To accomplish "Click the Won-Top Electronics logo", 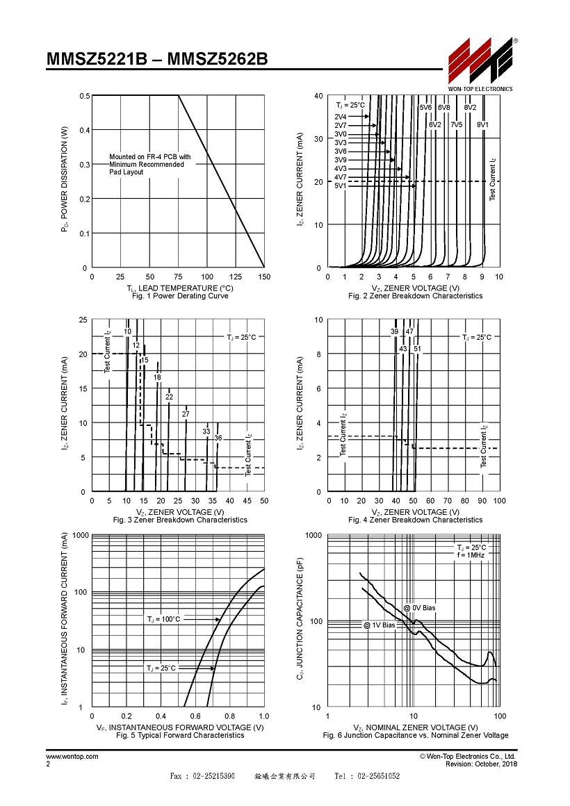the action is (x=480, y=64).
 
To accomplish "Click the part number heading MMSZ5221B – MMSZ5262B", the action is (x=157, y=59).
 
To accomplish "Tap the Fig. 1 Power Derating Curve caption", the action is (x=180, y=296).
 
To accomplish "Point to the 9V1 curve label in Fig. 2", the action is (x=482, y=124).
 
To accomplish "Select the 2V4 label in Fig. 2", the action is (x=341, y=117).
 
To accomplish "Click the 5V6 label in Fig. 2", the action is (x=425, y=108).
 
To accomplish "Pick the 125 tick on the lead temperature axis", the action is (x=236, y=277).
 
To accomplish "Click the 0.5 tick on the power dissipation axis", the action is (x=84, y=96).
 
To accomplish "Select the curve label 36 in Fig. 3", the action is (x=218, y=438).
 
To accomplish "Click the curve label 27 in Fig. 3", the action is (x=186, y=414).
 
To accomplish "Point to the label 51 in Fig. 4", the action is (x=417, y=349).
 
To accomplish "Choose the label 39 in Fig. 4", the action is (x=395, y=331).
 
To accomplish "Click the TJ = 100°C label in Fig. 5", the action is (x=163, y=619).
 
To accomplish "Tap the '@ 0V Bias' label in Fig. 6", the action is (x=419, y=607).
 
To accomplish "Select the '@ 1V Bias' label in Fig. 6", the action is (x=379, y=625).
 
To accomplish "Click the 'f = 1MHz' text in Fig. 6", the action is (x=471, y=555).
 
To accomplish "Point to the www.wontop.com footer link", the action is (x=72, y=756).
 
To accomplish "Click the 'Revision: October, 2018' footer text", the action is (x=482, y=764).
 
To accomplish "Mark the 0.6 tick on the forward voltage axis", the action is (x=195, y=716).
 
